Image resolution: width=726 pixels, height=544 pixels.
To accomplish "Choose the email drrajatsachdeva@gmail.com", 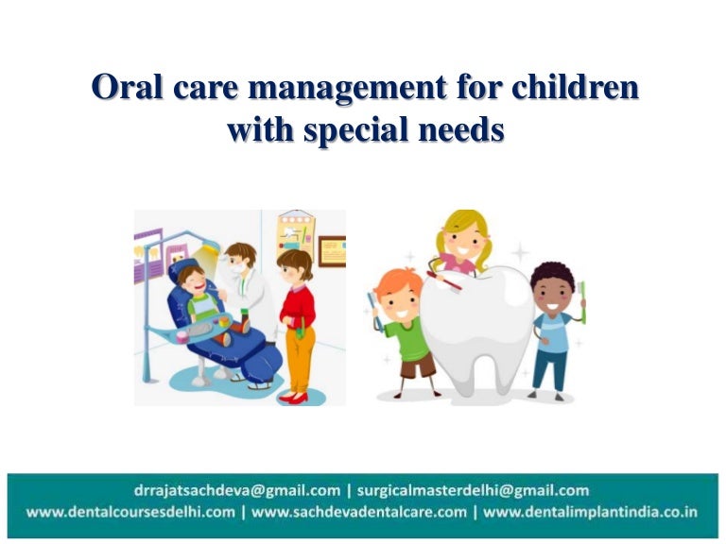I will click(236, 490).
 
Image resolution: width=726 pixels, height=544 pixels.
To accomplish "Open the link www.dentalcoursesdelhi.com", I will click(130, 512).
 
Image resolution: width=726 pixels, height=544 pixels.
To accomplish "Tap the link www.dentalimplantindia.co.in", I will click(591, 512).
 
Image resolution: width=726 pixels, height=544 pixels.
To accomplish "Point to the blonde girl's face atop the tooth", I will click(461, 241).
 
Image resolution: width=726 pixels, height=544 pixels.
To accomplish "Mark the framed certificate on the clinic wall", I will click(331, 250).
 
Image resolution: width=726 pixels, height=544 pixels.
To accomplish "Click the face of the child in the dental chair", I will click(193, 280).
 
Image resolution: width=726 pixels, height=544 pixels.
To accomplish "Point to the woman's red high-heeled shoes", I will click(294, 397).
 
